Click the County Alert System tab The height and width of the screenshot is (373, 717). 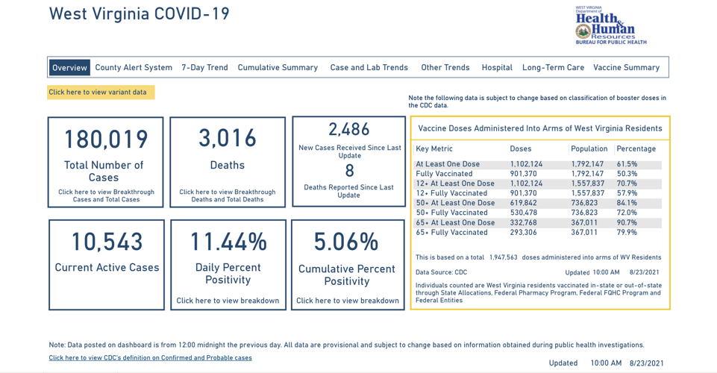point(134,68)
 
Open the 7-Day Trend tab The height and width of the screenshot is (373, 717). point(204,68)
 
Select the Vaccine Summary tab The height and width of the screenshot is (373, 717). point(626,68)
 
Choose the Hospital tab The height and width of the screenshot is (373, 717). point(497,68)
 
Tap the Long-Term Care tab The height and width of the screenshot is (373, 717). point(553,68)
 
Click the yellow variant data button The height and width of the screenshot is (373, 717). point(101,93)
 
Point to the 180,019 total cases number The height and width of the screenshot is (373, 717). point(106,140)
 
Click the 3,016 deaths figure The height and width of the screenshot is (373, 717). point(228,138)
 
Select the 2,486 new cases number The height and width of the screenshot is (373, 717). point(349,129)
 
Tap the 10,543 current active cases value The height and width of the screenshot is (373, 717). point(107,242)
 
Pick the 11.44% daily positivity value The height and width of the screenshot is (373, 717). point(228,242)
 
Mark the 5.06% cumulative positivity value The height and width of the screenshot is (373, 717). point(347,242)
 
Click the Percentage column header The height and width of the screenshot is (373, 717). point(636,148)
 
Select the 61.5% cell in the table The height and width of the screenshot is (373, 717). point(627,164)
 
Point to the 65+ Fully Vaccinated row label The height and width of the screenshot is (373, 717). point(453,232)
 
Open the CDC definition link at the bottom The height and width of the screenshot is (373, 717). point(150,358)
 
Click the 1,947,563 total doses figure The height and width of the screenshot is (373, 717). point(503,257)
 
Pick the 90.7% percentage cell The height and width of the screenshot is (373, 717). point(627,222)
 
